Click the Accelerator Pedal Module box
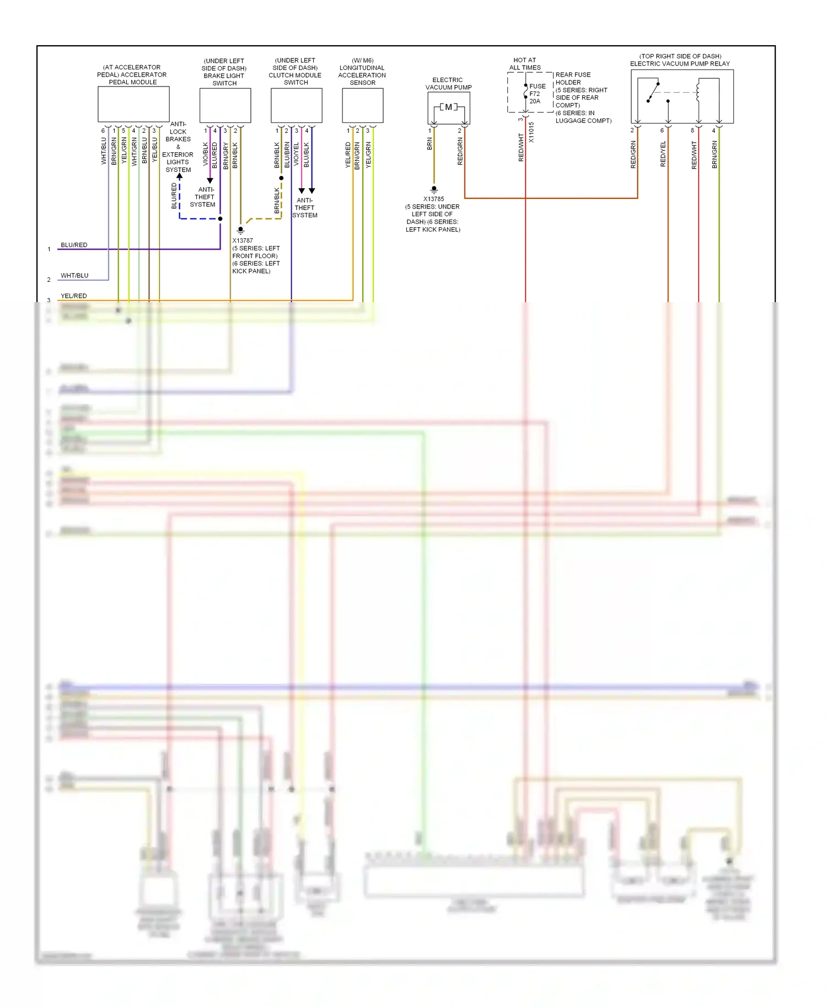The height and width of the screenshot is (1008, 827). point(133,104)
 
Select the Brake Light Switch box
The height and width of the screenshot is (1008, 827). point(225,105)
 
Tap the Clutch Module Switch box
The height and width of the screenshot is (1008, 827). point(296,105)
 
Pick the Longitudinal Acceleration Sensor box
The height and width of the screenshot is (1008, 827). point(362,105)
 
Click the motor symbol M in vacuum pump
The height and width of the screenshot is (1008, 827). point(448,107)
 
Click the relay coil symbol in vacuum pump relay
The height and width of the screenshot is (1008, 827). point(699,92)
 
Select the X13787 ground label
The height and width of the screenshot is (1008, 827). point(243,240)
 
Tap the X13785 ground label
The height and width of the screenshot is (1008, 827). point(433,199)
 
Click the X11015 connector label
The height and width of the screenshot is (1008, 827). point(531,132)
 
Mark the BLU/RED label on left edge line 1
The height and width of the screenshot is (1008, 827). point(74,245)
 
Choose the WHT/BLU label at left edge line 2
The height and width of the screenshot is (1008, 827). point(74,276)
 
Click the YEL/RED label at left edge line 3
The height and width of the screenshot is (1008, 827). point(74,296)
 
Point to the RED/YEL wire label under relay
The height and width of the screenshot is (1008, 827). point(663,154)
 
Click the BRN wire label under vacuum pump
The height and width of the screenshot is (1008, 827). point(429,144)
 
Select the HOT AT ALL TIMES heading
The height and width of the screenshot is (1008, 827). point(524,64)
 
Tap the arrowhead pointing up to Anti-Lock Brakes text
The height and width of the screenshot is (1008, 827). point(179,176)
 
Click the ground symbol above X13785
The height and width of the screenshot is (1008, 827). point(434,190)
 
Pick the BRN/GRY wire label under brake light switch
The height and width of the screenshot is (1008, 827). point(225,156)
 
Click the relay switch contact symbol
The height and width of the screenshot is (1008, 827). point(653,92)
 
